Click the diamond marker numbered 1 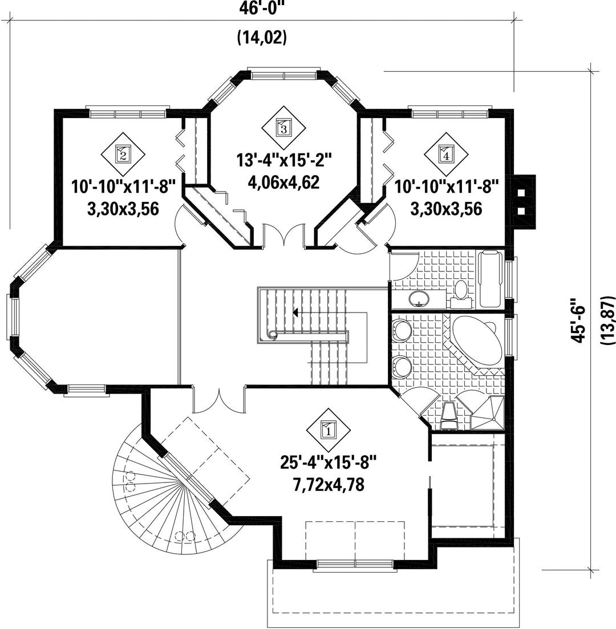point(328,431)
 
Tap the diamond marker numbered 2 point(123,154)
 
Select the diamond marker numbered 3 point(283,128)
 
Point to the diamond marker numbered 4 point(446,155)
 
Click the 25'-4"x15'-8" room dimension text point(329,463)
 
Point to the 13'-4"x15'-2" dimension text point(284,160)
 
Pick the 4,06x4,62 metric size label point(284,183)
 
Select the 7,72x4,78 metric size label point(329,485)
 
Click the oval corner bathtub point(476,340)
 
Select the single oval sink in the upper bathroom point(419,298)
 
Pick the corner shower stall point(487,413)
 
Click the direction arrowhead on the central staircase point(296,313)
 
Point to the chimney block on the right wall point(525,201)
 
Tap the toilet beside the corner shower point(448,417)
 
